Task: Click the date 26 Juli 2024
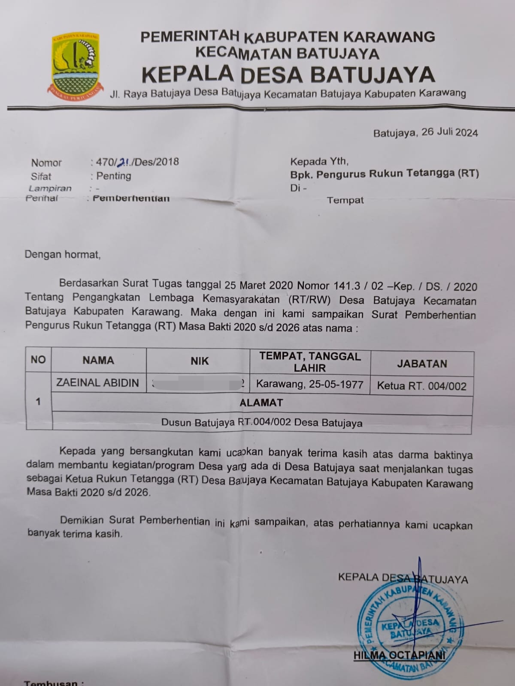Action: [x=449, y=132]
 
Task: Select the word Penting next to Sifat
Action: [x=114, y=176]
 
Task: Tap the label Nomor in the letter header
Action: [x=46, y=162]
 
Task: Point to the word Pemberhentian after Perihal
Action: [x=131, y=198]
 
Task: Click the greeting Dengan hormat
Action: [x=63, y=254]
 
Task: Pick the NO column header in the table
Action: [x=38, y=359]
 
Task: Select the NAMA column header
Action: [x=98, y=360]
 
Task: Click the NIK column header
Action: [x=200, y=361]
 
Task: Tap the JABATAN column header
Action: [x=422, y=364]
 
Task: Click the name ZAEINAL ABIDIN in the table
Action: [x=98, y=383]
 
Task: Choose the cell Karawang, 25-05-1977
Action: [x=310, y=384]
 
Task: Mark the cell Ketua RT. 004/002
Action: [x=421, y=386]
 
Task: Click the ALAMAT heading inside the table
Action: [x=261, y=403]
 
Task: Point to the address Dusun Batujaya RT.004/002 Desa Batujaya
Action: [x=262, y=423]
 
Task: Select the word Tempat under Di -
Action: [x=345, y=200]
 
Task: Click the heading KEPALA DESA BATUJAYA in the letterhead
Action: [x=288, y=74]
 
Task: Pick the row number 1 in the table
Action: [x=38, y=401]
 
